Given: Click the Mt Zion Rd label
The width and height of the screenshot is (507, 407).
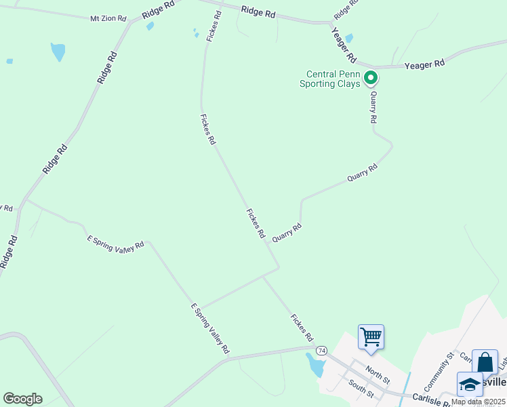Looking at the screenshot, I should point(108,18).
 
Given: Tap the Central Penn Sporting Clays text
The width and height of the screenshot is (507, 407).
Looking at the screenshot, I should point(332,79).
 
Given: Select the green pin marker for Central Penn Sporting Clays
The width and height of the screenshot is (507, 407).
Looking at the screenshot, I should point(371,78).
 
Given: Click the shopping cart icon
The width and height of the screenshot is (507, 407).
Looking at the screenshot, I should point(371,336).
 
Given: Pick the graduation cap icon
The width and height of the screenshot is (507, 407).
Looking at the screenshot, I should point(470,384).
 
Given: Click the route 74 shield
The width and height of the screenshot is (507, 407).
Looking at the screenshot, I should point(321,350).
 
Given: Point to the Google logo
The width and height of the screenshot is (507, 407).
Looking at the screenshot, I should point(22,399).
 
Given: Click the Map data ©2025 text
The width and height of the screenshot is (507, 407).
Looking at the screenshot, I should point(478,402).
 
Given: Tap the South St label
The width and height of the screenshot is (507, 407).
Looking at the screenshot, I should point(361,389).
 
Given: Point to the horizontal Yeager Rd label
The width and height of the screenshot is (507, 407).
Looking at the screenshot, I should point(424,64).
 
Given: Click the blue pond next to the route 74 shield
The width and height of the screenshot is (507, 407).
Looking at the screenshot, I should point(315,365).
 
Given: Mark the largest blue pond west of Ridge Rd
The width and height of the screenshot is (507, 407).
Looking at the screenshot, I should point(58,52).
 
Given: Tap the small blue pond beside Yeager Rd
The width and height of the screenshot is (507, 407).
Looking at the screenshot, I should point(349,38).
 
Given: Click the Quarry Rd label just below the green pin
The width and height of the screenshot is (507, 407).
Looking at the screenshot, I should point(373,108).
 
